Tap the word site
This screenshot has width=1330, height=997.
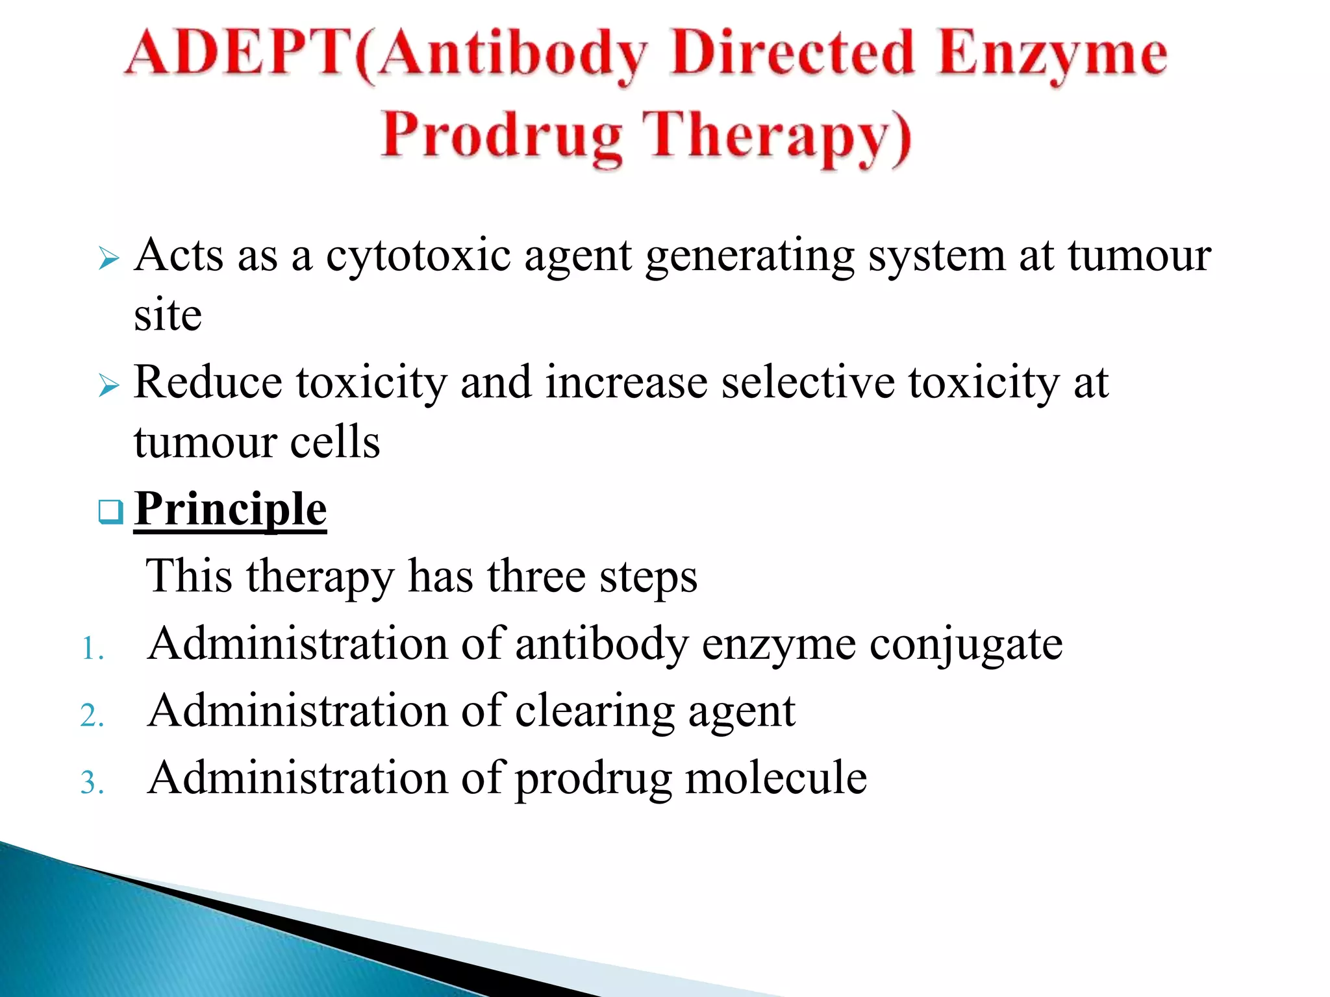pyautogui.click(x=168, y=315)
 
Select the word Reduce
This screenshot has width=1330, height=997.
pyautogui.click(x=208, y=382)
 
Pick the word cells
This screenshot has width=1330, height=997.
pyautogui.click(x=335, y=443)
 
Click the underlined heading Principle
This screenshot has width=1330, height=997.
pyautogui.click(x=231, y=510)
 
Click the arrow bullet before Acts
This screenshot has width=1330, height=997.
pyautogui.click(x=108, y=259)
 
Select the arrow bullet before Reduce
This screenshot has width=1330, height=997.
pyautogui.click(x=108, y=386)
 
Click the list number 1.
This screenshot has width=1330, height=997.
pyautogui.click(x=92, y=648)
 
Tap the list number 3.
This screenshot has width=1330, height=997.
pyautogui.click(x=92, y=782)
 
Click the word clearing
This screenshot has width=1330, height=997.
pyautogui.click(x=594, y=713)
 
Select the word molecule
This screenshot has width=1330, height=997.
pyautogui.click(x=776, y=778)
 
